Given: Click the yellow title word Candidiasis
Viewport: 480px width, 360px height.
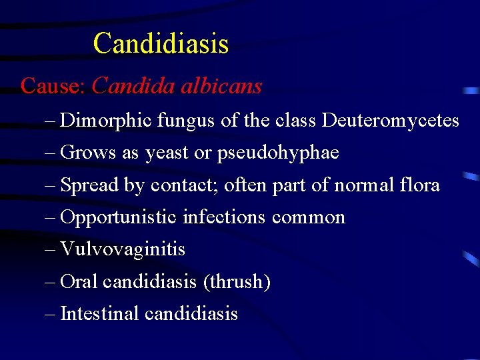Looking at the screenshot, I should click(161, 44).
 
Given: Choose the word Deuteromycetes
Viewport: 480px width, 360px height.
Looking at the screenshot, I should click(391, 121).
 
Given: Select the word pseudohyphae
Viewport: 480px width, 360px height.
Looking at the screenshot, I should click(278, 153).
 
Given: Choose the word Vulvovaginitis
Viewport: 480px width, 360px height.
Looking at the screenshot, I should click(123, 249).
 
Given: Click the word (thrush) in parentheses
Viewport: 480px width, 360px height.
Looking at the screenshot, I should click(237, 282).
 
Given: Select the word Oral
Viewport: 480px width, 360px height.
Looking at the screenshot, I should click(79, 282).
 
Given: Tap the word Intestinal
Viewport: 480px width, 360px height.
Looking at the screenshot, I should click(100, 313).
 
